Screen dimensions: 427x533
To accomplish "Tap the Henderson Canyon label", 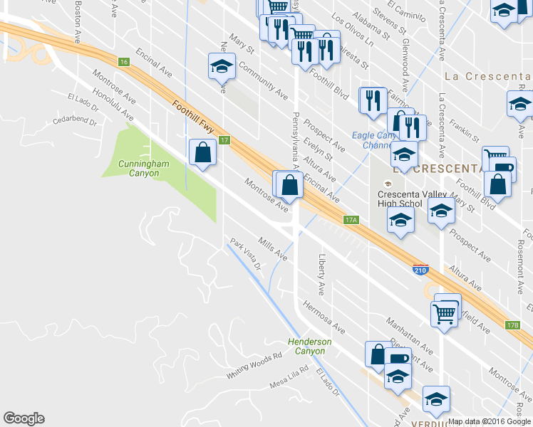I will click(310, 347).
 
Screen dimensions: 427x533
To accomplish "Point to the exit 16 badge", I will click(124, 63).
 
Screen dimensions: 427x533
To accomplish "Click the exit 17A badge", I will click(349, 221).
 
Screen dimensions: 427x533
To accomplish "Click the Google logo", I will click(24, 418).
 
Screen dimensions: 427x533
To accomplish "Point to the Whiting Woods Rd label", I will click(254, 366).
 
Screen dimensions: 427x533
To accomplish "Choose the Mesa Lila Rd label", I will click(289, 376).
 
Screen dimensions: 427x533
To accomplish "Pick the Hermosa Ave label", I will click(324, 318).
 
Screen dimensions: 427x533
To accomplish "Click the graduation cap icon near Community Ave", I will click(222, 68).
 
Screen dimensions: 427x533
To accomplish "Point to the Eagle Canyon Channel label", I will click(375, 140).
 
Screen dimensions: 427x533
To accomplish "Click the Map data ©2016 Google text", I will click(490, 421).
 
